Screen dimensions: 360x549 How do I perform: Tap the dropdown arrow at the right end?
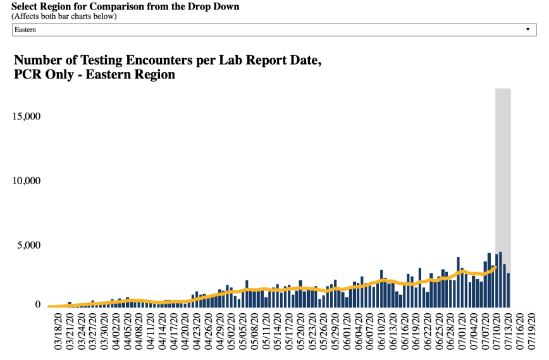(x=527, y=30)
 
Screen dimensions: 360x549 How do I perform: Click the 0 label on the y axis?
(x=37, y=304)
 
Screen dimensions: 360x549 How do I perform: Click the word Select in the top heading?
(x=26, y=6)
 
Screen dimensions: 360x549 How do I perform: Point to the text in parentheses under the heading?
(x=64, y=16)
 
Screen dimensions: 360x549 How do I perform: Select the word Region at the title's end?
(x=152, y=75)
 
